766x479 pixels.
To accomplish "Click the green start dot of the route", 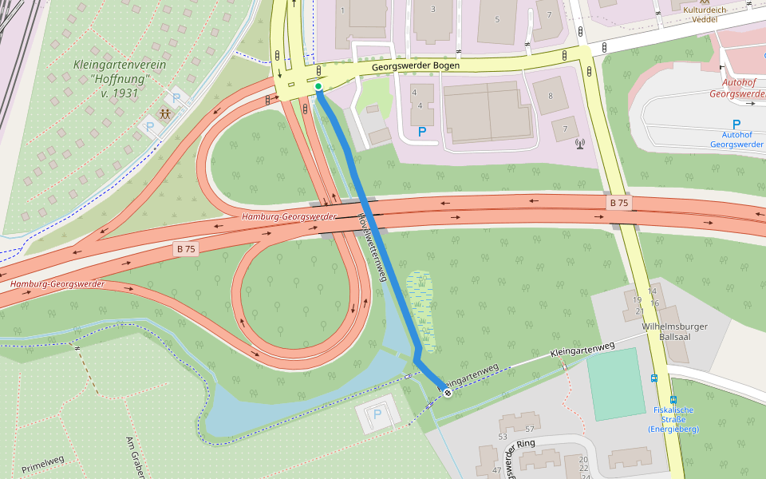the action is [318, 86].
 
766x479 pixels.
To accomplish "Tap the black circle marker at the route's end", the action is [448, 392].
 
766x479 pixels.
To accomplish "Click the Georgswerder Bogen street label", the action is [415, 66].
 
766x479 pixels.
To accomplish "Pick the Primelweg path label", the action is [43, 463].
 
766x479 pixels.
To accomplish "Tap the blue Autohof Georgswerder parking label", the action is [736, 139].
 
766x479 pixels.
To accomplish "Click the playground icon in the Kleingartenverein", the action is [164, 114].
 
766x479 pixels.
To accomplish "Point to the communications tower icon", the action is [579, 144].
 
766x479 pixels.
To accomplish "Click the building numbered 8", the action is [551, 96].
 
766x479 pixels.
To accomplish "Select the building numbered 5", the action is [496, 19].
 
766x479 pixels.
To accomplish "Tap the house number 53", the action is [503, 437].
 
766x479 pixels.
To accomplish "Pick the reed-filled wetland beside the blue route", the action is [421, 311].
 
